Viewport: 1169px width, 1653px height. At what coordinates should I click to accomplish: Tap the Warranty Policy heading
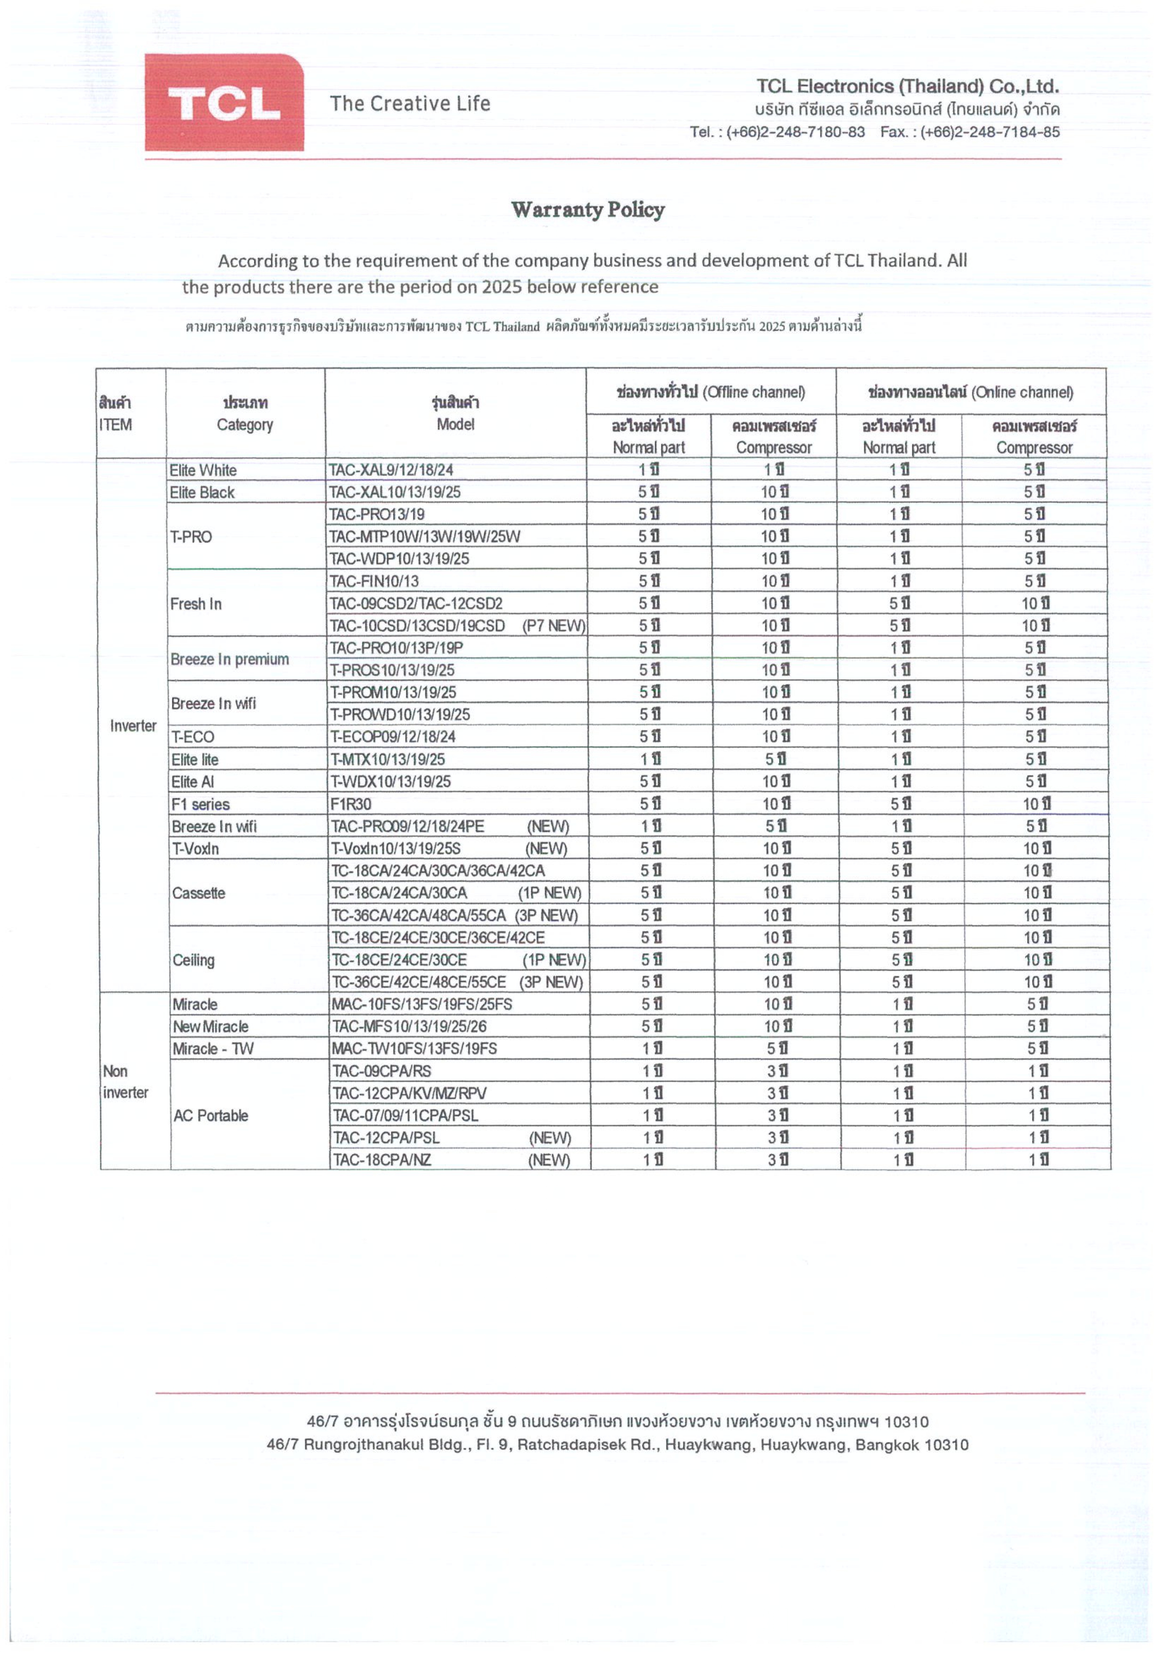coord(587,210)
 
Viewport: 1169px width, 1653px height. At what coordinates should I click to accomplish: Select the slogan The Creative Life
coord(410,104)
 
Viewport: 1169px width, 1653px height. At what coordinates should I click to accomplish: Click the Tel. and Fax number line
coord(874,132)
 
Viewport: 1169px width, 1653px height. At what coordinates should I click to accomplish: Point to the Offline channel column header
coord(710,392)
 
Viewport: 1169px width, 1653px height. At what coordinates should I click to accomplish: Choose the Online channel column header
coord(970,392)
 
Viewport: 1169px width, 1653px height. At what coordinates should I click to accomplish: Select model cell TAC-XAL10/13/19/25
coord(395,493)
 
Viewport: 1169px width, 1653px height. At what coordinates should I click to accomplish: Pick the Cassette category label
coord(199,893)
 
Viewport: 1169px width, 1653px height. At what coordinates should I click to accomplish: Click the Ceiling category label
coord(194,960)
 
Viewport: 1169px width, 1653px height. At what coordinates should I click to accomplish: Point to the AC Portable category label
coord(211,1116)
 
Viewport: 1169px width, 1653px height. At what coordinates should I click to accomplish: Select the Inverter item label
coord(133,726)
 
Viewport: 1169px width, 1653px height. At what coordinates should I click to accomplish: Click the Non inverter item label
coord(125,1082)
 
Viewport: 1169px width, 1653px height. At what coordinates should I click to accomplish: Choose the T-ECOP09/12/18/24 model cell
coord(392,737)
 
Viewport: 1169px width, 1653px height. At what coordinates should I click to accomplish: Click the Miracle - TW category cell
coord(213,1049)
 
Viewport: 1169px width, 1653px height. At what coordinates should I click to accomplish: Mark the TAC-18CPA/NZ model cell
coord(382,1160)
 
